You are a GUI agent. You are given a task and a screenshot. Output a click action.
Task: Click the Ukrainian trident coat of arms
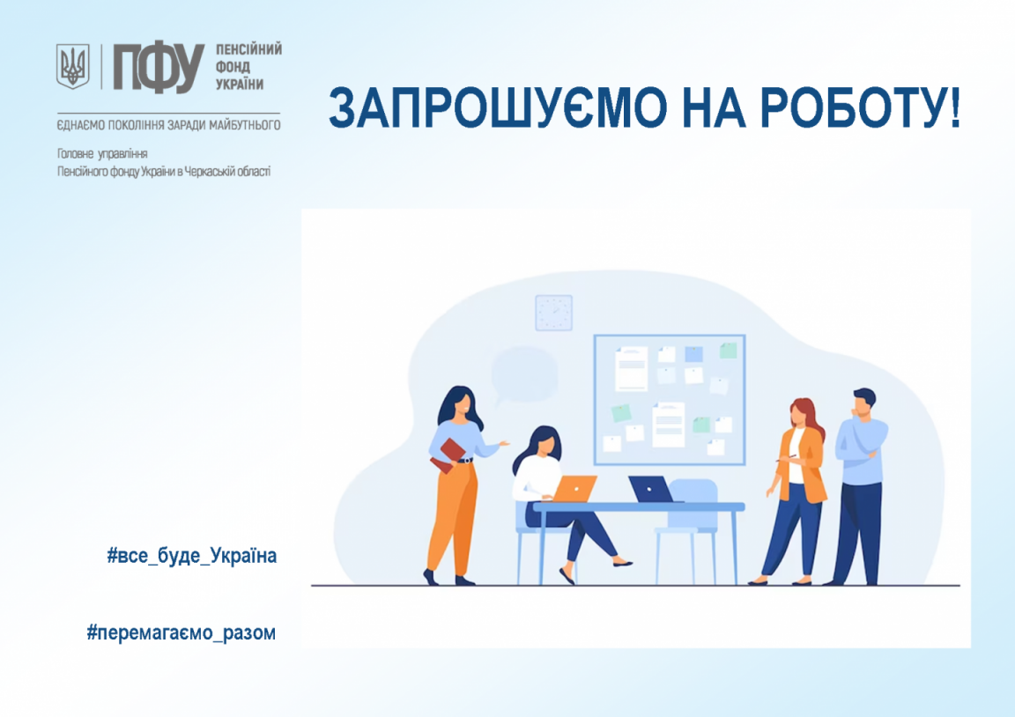point(72,66)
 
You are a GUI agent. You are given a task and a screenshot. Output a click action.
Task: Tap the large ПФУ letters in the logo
point(159,67)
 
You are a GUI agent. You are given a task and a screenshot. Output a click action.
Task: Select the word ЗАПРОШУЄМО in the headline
point(497,107)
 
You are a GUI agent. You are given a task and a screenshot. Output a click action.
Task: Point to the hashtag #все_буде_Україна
point(191,555)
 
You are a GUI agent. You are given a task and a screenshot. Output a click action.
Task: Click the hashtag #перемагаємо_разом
point(182,632)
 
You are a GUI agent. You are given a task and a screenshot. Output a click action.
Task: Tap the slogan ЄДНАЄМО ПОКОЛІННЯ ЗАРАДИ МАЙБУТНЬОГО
point(168,125)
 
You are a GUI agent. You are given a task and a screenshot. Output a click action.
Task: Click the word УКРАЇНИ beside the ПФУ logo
point(240,85)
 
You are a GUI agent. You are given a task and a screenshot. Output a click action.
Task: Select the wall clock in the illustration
point(553,313)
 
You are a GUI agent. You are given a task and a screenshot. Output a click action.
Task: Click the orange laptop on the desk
point(574,489)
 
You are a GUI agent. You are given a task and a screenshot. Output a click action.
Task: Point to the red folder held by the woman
point(448,455)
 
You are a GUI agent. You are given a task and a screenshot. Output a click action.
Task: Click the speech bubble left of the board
point(523,375)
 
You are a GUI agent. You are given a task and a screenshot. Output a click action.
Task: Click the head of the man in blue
point(863,403)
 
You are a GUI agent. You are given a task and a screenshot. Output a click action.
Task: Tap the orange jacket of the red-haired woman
point(803,463)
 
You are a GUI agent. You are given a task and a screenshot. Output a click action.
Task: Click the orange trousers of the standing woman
point(453,518)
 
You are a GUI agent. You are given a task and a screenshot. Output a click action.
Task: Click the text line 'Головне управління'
point(102,154)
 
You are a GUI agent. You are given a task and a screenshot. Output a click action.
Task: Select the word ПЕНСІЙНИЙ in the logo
point(248,49)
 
